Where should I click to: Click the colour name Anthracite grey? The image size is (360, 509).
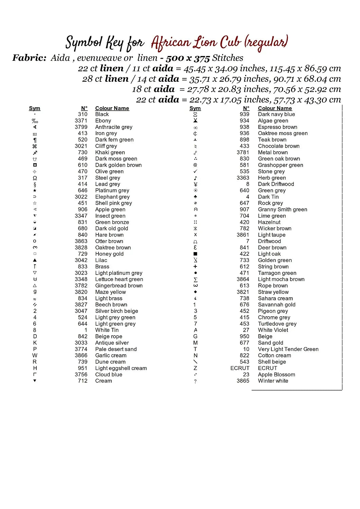tap(114, 127)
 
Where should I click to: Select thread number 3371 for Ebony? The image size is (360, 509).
tap(81, 121)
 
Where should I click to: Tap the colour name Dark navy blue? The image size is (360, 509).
tap(276, 114)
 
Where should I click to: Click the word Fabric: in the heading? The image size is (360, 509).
tap(30, 58)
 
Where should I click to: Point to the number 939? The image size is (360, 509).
tap(245, 114)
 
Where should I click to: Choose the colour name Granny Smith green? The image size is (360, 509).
tap(283, 210)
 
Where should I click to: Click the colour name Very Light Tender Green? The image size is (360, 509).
tap(288, 349)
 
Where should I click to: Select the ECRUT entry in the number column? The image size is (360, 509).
tap(240, 368)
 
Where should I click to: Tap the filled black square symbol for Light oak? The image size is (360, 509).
tap(195, 254)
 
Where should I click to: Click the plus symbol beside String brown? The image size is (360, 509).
tap(195, 267)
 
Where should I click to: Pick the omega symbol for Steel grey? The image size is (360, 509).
tap(35, 178)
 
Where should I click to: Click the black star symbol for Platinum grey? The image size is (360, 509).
tap(35, 191)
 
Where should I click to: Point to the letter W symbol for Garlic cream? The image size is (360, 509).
tap(35, 356)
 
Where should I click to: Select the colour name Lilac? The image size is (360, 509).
tap(101, 260)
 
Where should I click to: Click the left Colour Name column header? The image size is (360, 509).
tap(112, 108)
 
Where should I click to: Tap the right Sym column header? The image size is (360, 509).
tap(195, 108)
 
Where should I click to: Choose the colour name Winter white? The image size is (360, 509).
tap(273, 381)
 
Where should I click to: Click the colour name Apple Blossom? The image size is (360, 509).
tap(276, 375)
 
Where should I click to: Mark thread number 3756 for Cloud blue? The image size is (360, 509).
tap(81, 375)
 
